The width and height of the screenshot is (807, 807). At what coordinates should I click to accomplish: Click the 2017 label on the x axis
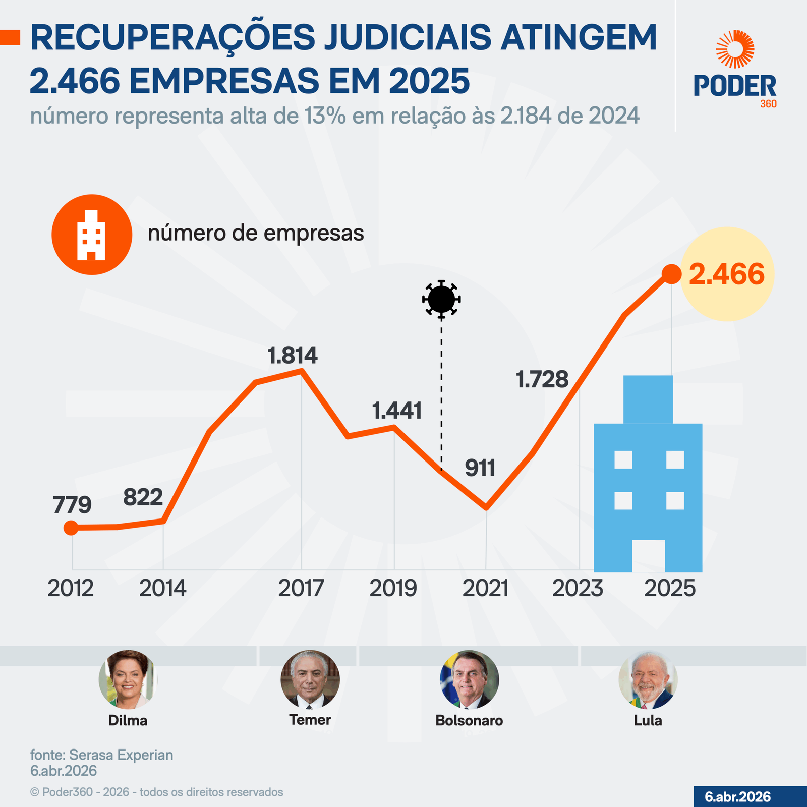(x=301, y=589)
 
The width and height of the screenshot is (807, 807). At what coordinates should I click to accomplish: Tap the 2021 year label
(x=485, y=589)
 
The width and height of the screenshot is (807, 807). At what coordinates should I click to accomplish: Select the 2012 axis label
(x=71, y=589)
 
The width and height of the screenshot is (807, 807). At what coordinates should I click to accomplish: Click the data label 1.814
(x=293, y=356)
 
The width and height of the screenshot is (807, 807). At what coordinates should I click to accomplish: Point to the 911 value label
(x=480, y=469)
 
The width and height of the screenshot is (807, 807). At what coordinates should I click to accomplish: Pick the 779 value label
(x=72, y=505)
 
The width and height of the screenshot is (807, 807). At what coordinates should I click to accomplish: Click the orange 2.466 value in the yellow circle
(x=726, y=274)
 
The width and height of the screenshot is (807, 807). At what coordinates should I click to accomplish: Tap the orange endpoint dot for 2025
(x=671, y=274)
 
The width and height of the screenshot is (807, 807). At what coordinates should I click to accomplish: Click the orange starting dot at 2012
(x=71, y=528)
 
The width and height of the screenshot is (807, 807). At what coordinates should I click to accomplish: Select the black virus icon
(x=441, y=299)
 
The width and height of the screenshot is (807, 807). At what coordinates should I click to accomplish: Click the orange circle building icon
(x=92, y=235)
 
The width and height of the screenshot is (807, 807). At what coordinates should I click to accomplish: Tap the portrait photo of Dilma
(x=128, y=679)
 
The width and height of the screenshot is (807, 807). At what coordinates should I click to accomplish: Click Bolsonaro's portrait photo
(x=469, y=679)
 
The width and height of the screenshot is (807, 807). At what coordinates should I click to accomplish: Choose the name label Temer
(x=310, y=720)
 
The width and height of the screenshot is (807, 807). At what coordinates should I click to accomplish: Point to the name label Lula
(x=648, y=720)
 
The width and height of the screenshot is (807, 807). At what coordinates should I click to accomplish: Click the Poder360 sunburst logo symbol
(x=735, y=49)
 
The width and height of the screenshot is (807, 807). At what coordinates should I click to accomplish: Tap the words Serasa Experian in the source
(x=121, y=755)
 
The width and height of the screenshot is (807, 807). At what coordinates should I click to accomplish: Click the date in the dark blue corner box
(x=737, y=797)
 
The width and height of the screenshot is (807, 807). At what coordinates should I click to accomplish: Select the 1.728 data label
(x=542, y=380)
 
